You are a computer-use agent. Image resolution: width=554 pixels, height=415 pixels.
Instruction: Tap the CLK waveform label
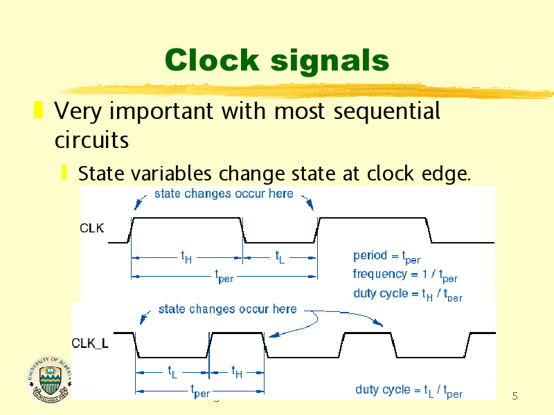(92, 228)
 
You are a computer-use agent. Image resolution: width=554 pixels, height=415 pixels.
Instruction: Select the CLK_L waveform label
(90, 343)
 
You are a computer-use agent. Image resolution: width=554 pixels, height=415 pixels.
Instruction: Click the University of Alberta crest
(49, 379)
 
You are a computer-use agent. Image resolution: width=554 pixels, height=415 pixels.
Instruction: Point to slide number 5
(515, 396)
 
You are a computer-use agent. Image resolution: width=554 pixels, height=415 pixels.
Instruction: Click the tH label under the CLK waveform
(186, 257)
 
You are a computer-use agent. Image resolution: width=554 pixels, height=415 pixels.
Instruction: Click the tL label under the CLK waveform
(280, 257)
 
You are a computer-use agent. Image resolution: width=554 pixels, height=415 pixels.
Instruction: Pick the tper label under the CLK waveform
(224, 276)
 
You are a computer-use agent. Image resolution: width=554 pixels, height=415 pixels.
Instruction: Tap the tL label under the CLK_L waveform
(172, 372)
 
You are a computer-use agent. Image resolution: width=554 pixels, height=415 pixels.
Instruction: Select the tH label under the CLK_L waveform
(237, 372)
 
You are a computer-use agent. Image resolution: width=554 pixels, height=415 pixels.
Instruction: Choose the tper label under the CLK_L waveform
(200, 391)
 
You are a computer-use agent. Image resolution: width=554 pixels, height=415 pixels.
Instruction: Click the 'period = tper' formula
(387, 257)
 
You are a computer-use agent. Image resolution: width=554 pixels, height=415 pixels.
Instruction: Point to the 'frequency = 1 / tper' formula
(405, 275)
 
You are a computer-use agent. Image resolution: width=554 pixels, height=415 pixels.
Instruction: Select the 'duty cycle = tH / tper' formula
(408, 295)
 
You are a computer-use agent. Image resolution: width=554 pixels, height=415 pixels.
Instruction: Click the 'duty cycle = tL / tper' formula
(409, 391)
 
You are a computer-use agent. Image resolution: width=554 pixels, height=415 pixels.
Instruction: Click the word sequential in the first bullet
(387, 112)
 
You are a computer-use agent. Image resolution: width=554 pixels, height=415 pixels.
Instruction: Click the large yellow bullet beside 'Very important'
(39, 110)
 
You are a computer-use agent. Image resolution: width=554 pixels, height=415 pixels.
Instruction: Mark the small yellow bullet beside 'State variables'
(64, 172)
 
